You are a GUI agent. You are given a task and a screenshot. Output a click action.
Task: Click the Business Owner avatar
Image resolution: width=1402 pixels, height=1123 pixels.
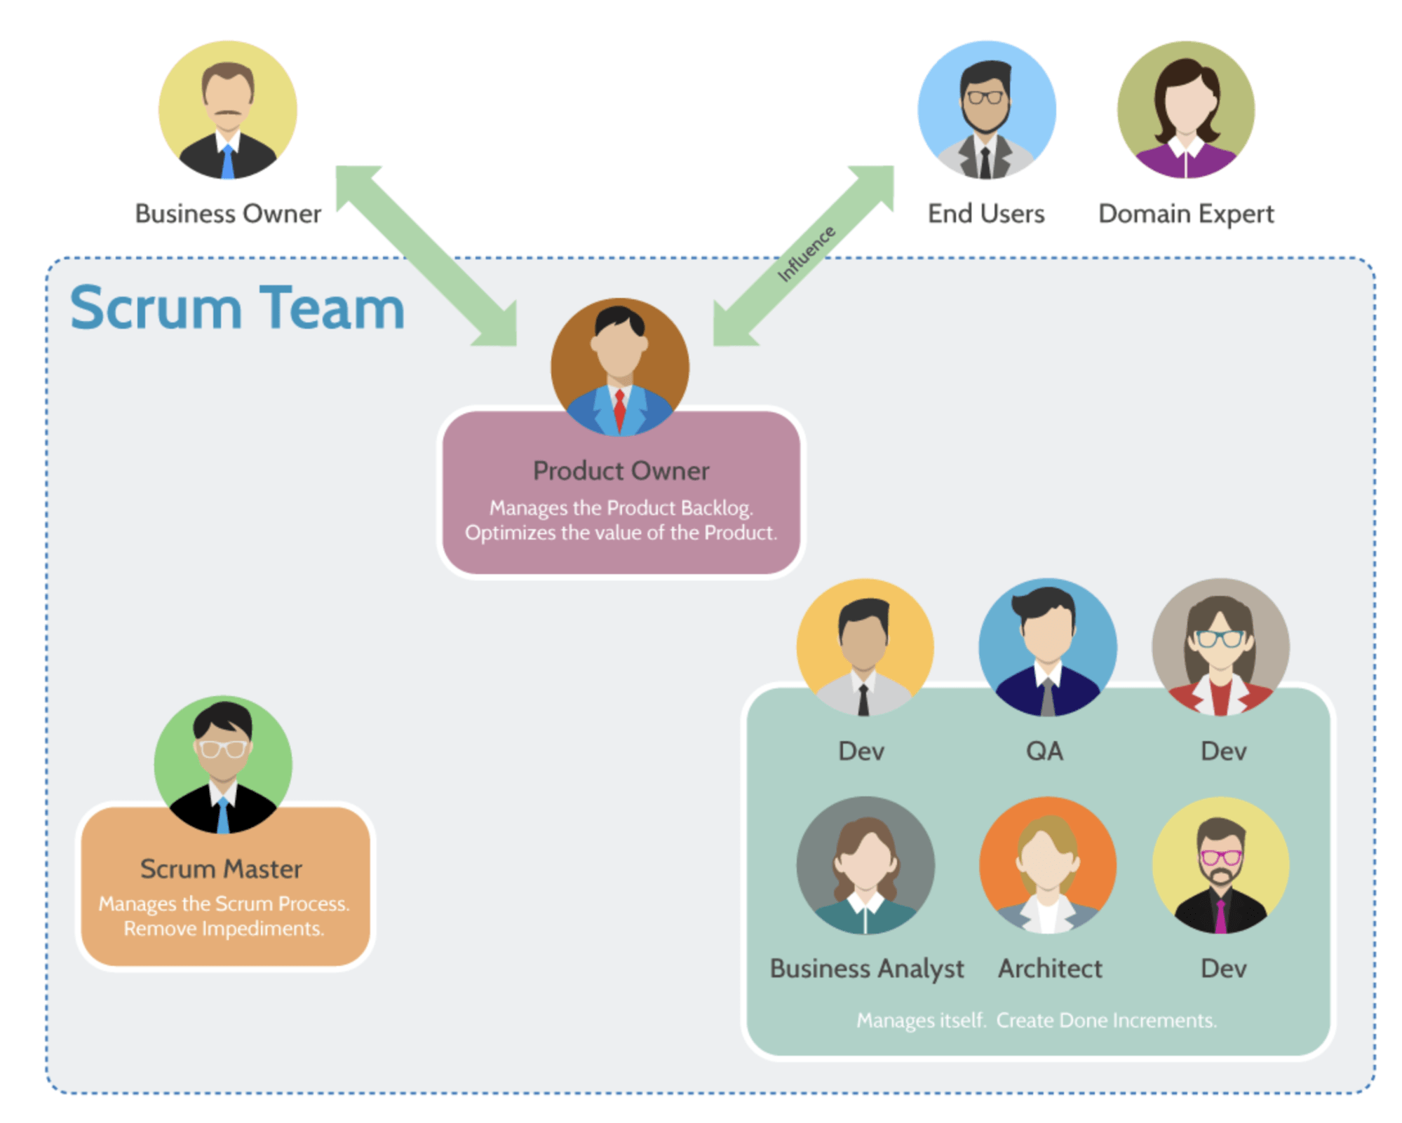pos(228,110)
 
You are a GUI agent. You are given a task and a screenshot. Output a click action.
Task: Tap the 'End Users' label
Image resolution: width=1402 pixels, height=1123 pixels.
pos(985,214)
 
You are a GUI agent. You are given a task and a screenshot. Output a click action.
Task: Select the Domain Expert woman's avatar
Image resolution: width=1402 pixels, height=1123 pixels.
pos(1185,110)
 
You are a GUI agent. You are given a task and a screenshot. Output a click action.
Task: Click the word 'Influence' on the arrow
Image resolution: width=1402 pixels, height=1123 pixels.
pos(807,254)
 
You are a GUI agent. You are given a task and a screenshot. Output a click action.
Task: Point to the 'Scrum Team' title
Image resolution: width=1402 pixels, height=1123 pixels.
pos(237,308)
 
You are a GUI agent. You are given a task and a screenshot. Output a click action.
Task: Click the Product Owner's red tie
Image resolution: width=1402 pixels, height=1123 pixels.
pos(620,410)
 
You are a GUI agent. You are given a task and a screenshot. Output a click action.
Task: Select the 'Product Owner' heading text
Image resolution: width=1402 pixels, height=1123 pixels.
pos(621,471)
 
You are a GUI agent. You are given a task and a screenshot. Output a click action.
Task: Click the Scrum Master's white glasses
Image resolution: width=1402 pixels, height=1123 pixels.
pos(222,749)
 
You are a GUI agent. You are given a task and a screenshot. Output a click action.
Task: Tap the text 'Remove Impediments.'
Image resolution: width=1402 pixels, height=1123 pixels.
pos(224,929)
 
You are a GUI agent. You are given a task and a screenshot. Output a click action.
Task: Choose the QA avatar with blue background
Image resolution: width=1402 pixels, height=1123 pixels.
pos(1047,646)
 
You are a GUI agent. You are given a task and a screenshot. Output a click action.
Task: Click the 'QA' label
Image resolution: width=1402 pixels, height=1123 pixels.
pos(1044,751)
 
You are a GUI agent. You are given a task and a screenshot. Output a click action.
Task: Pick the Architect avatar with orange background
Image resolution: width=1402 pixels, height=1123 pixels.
pos(1047,864)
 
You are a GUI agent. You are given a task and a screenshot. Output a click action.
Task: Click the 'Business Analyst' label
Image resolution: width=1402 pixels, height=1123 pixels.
pos(867,969)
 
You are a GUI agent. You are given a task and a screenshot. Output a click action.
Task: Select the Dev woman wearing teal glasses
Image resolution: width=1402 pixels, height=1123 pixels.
pos(1220,646)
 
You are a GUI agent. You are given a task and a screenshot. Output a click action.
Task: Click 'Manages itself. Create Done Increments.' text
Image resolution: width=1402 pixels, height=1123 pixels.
pos(1037,1021)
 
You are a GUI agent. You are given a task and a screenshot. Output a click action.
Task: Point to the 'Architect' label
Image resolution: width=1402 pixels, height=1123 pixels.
pos(1050,969)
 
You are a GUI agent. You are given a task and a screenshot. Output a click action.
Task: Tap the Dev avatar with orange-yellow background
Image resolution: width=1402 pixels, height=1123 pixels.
pos(865,646)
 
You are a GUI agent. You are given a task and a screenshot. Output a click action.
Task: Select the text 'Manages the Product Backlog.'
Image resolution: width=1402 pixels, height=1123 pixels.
pos(621,508)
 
